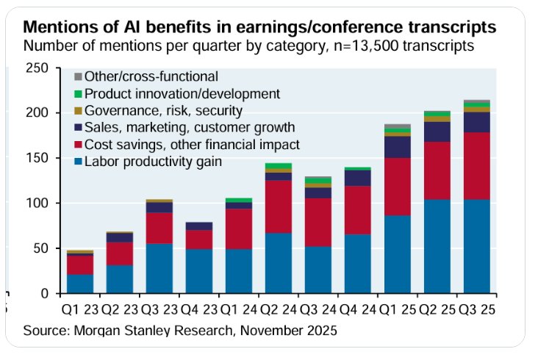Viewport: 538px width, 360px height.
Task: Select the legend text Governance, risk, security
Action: pyautogui.click(x=164, y=111)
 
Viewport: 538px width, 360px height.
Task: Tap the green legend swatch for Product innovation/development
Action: pyautogui.click(x=77, y=93)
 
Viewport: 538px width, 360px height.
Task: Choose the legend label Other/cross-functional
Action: pyautogui.click(x=151, y=76)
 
